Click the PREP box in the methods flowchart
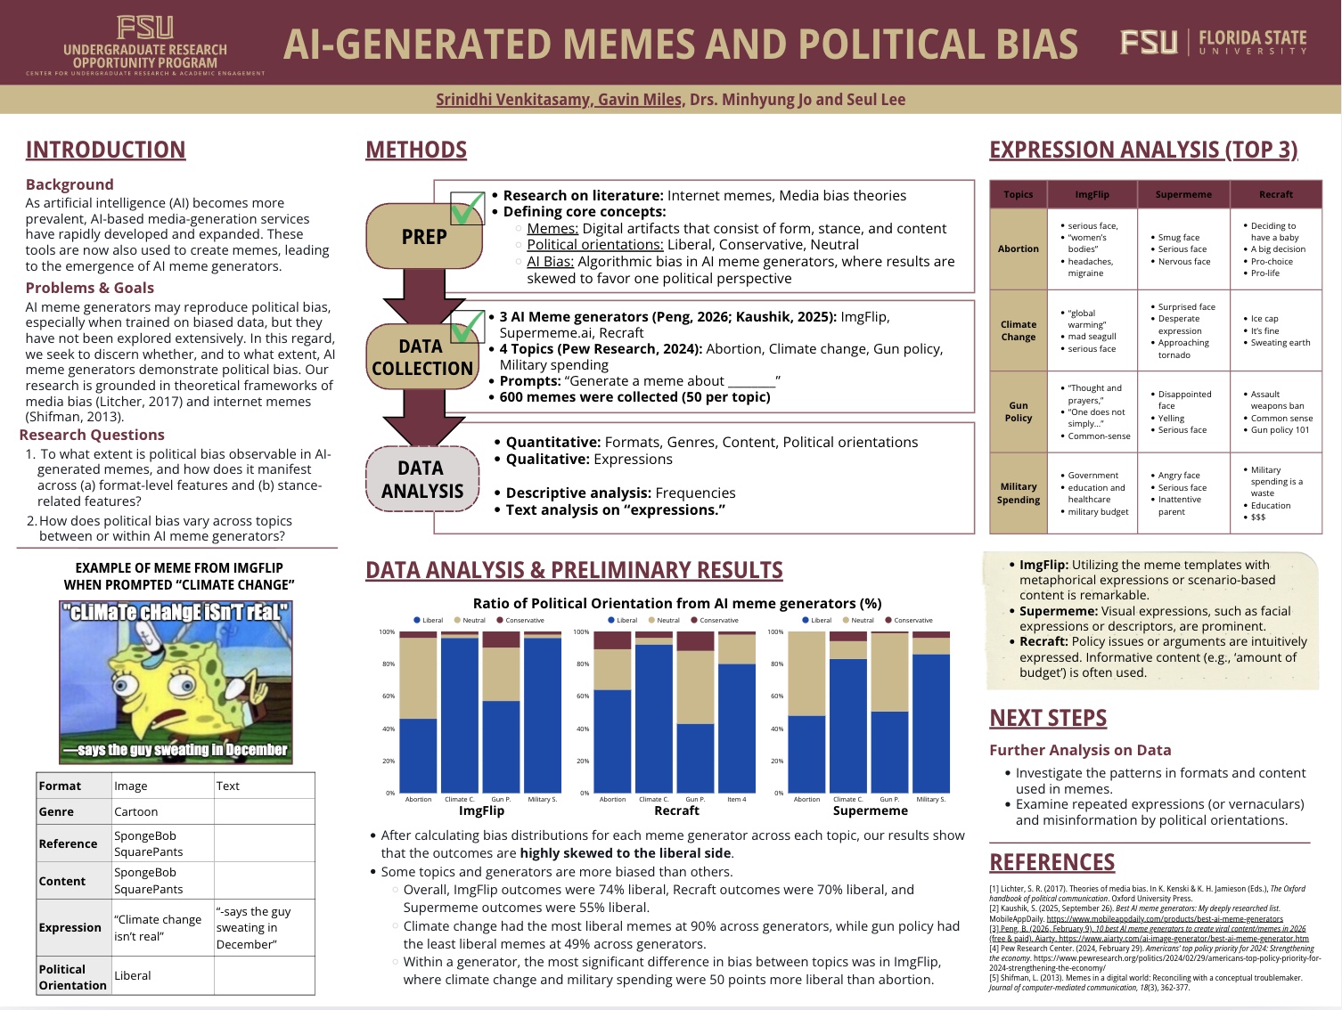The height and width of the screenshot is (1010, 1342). pyautogui.click(x=423, y=237)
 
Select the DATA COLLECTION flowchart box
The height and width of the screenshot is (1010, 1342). pyautogui.click(x=422, y=357)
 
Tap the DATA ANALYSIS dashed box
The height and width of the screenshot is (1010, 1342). pyautogui.click(x=421, y=479)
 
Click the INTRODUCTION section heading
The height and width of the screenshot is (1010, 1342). pyautogui.click(x=105, y=150)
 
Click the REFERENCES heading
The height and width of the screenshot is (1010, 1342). pyautogui.click(x=1052, y=862)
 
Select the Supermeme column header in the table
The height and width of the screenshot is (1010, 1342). pyautogui.click(x=1183, y=194)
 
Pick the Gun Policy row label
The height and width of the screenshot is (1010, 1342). pyautogui.click(x=1018, y=411)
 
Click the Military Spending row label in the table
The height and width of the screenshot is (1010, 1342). pyautogui.click(x=1018, y=493)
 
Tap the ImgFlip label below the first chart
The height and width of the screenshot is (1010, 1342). pyautogui.click(x=481, y=810)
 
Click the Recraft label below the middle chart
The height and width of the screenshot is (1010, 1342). pyautogui.click(x=676, y=810)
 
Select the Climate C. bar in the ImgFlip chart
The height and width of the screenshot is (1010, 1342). pyautogui.click(x=460, y=713)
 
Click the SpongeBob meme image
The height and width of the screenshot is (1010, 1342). pyautogui.click(x=176, y=682)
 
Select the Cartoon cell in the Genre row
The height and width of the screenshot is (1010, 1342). pyautogui.click(x=136, y=811)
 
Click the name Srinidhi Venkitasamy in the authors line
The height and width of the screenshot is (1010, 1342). pyautogui.click(x=513, y=100)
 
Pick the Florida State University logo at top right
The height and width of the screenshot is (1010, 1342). pyautogui.click(x=1213, y=43)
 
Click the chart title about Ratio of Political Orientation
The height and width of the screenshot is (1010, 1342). pyautogui.click(x=676, y=603)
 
